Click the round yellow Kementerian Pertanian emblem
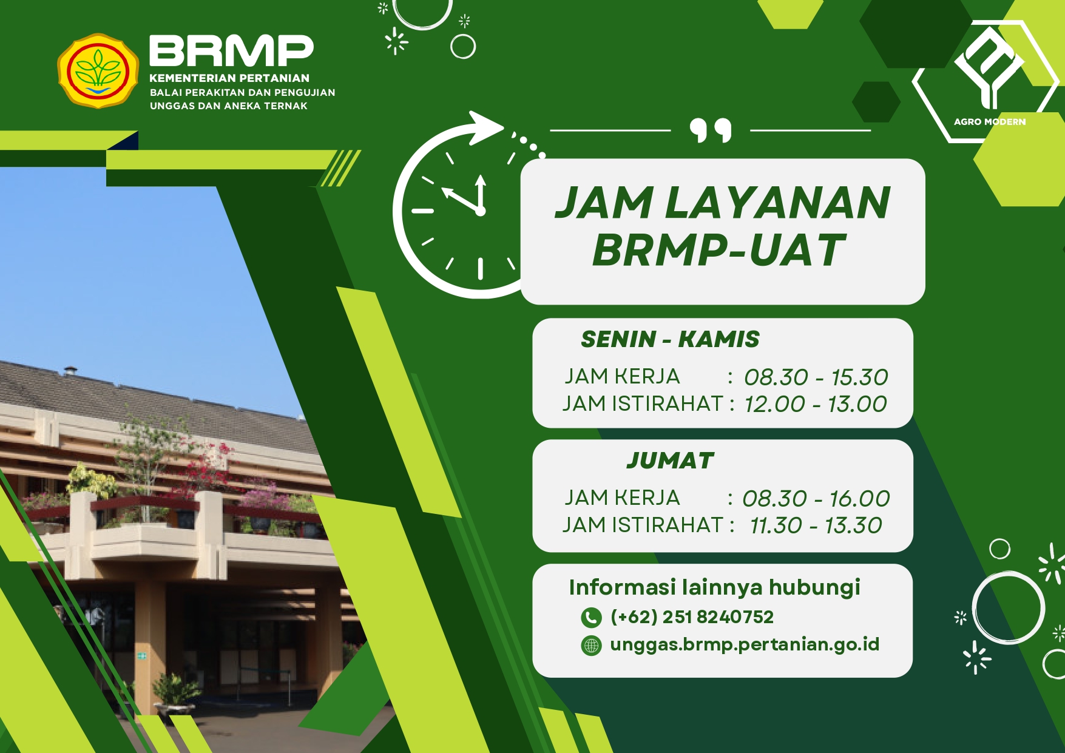(98, 71)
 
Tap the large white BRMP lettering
(231, 50)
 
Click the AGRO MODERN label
(990, 121)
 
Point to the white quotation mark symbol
(711, 130)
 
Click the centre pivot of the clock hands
(481, 211)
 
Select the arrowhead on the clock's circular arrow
(487, 127)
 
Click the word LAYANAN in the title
(778, 203)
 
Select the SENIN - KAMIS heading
(670, 339)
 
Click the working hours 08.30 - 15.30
(816, 377)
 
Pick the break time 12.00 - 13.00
(816, 404)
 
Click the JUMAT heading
(670, 461)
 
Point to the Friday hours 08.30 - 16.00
(816, 499)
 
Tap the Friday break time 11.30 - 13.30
(816, 525)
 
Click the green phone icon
(591, 618)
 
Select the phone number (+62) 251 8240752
(692, 617)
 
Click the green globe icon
(591, 645)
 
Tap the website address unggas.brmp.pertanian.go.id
(745, 645)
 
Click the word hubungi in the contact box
(814, 588)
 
